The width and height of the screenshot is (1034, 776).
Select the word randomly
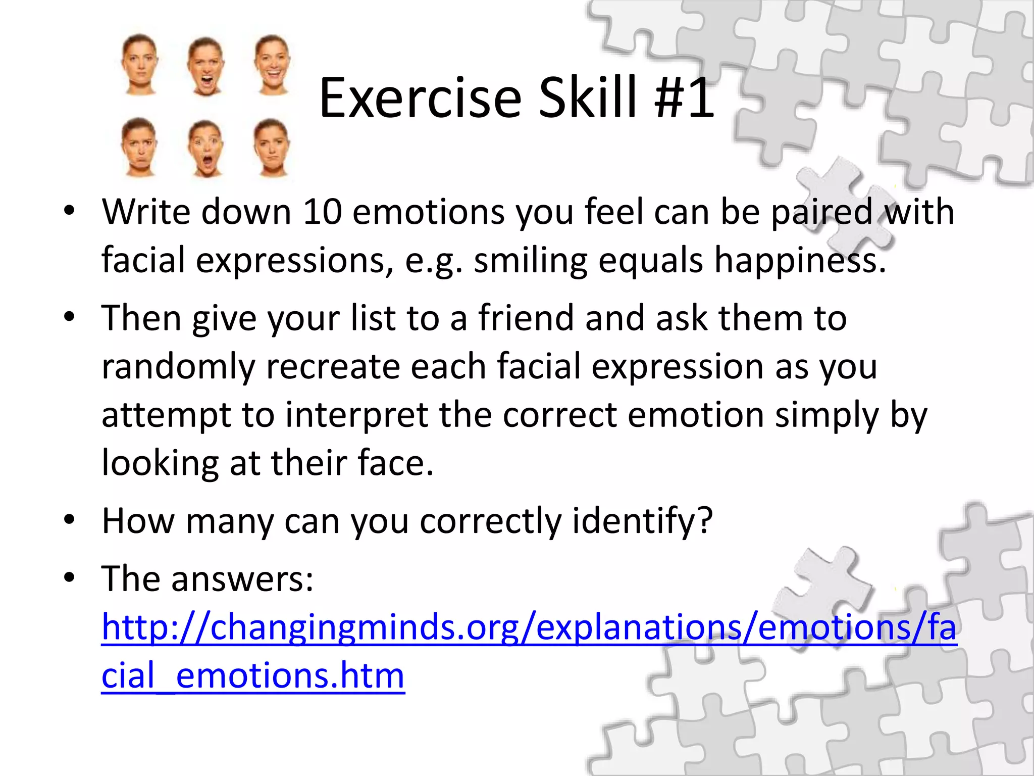(178, 367)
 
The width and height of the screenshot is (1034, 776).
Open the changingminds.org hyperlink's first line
(529, 627)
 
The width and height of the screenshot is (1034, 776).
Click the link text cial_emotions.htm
(253, 675)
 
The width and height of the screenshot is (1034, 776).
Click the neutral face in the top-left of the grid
(140, 64)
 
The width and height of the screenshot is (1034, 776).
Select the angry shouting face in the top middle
(206, 66)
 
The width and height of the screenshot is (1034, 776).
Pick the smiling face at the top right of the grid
(273, 64)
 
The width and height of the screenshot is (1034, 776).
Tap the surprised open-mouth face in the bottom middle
(206, 149)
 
